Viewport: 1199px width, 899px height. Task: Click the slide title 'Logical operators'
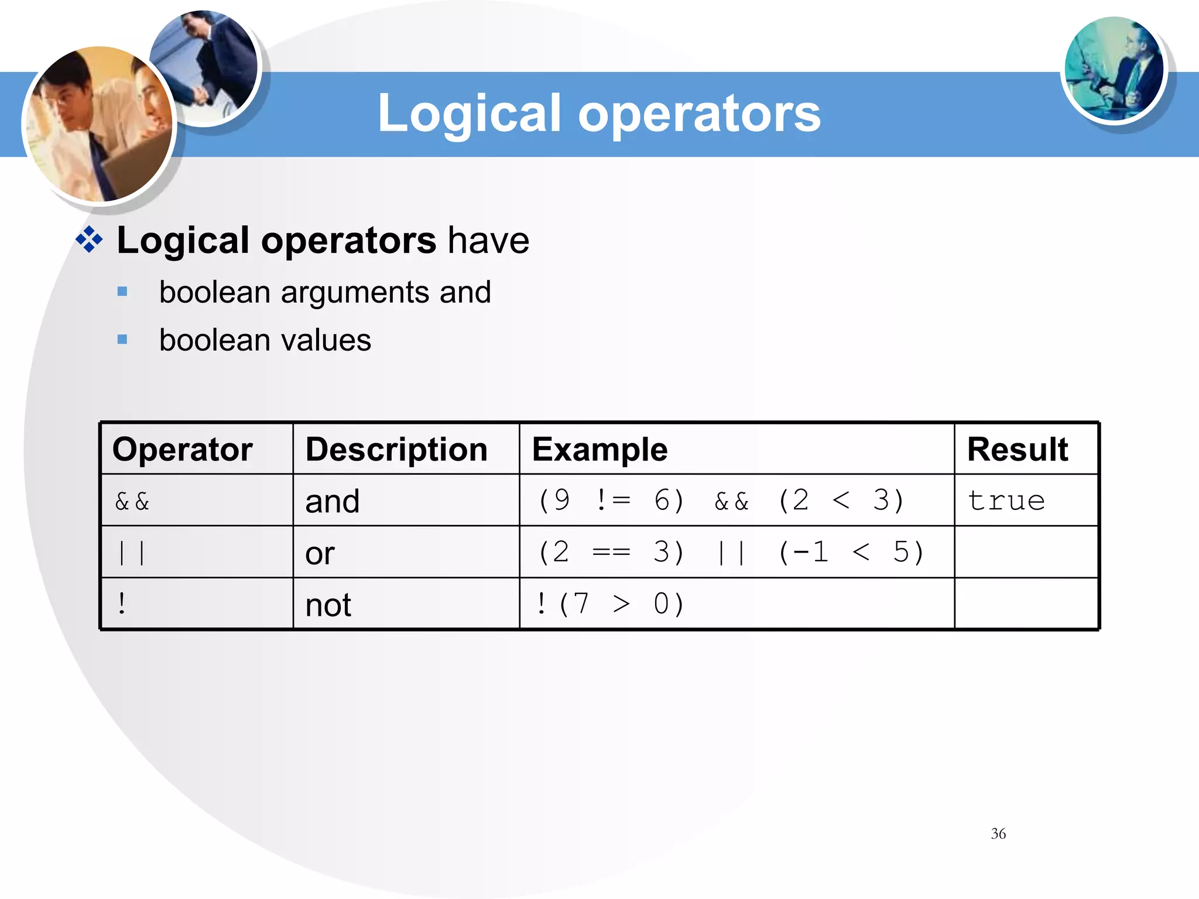coord(599,113)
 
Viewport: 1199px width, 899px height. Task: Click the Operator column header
coord(182,449)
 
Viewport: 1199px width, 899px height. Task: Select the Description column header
coord(396,449)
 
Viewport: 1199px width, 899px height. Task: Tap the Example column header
coord(599,449)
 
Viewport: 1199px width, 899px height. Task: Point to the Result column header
coord(1017,449)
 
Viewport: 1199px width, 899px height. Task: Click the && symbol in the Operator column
coord(132,502)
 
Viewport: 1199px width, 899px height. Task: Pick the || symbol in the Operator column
coord(132,553)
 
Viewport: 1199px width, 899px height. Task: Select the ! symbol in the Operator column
coord(122,603)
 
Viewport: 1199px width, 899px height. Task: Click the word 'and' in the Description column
coord(332,502)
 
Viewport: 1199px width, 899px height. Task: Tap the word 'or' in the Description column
coord(320,553)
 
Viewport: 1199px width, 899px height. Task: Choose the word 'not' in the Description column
coord(328,605)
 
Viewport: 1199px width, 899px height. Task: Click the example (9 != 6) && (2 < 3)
coord(721,500)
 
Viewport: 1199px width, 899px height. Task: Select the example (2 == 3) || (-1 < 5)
coord(730,552)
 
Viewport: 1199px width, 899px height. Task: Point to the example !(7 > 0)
coord(609,603)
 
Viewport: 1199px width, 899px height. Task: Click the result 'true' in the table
coord(1006,500)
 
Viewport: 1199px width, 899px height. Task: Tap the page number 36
coord(998,833)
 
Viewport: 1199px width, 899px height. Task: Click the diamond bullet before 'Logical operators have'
coord(90,239)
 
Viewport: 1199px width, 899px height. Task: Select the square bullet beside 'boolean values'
coord(122,339)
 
